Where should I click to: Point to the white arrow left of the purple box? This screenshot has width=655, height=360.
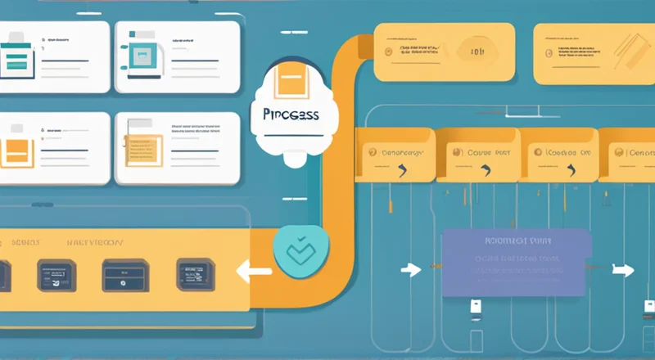(x=412, y=269)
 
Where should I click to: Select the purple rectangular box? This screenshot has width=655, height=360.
(x=516, y=262)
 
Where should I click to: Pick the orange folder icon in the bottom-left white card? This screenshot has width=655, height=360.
(x=16, y=151)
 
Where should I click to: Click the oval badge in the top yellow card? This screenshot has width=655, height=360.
(x=477, y=52)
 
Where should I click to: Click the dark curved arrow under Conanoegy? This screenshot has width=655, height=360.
(x=400, y=171)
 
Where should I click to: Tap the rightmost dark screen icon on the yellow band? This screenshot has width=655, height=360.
(x=195, y=273)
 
